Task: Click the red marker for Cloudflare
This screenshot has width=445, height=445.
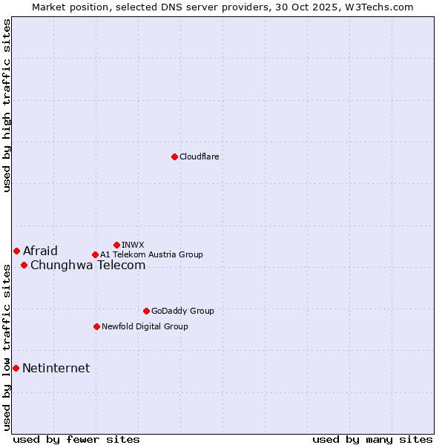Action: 174,156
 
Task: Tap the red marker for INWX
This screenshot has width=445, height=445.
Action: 116,245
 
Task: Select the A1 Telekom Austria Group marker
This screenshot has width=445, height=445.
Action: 95,254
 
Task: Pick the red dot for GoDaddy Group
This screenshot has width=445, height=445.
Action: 146,311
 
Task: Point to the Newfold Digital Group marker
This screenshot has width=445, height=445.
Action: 96,326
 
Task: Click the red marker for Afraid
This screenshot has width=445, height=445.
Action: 16,251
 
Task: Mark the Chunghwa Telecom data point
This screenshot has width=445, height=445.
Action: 24,265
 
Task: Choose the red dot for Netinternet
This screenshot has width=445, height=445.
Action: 16,368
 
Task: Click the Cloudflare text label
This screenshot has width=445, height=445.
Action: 199,156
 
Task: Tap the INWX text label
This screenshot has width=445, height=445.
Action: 133,245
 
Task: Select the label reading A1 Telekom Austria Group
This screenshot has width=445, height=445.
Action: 151,254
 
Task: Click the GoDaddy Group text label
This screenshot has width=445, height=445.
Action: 182,311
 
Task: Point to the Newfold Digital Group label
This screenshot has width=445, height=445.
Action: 145,326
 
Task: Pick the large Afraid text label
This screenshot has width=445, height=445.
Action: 40,251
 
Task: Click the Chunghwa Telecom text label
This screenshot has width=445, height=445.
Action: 88,265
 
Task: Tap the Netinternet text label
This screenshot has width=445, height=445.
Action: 56,368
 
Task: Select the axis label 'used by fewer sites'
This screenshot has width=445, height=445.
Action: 76,439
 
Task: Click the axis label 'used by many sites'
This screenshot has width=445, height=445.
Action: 372,439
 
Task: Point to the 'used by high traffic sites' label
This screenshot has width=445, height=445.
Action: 7,105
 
